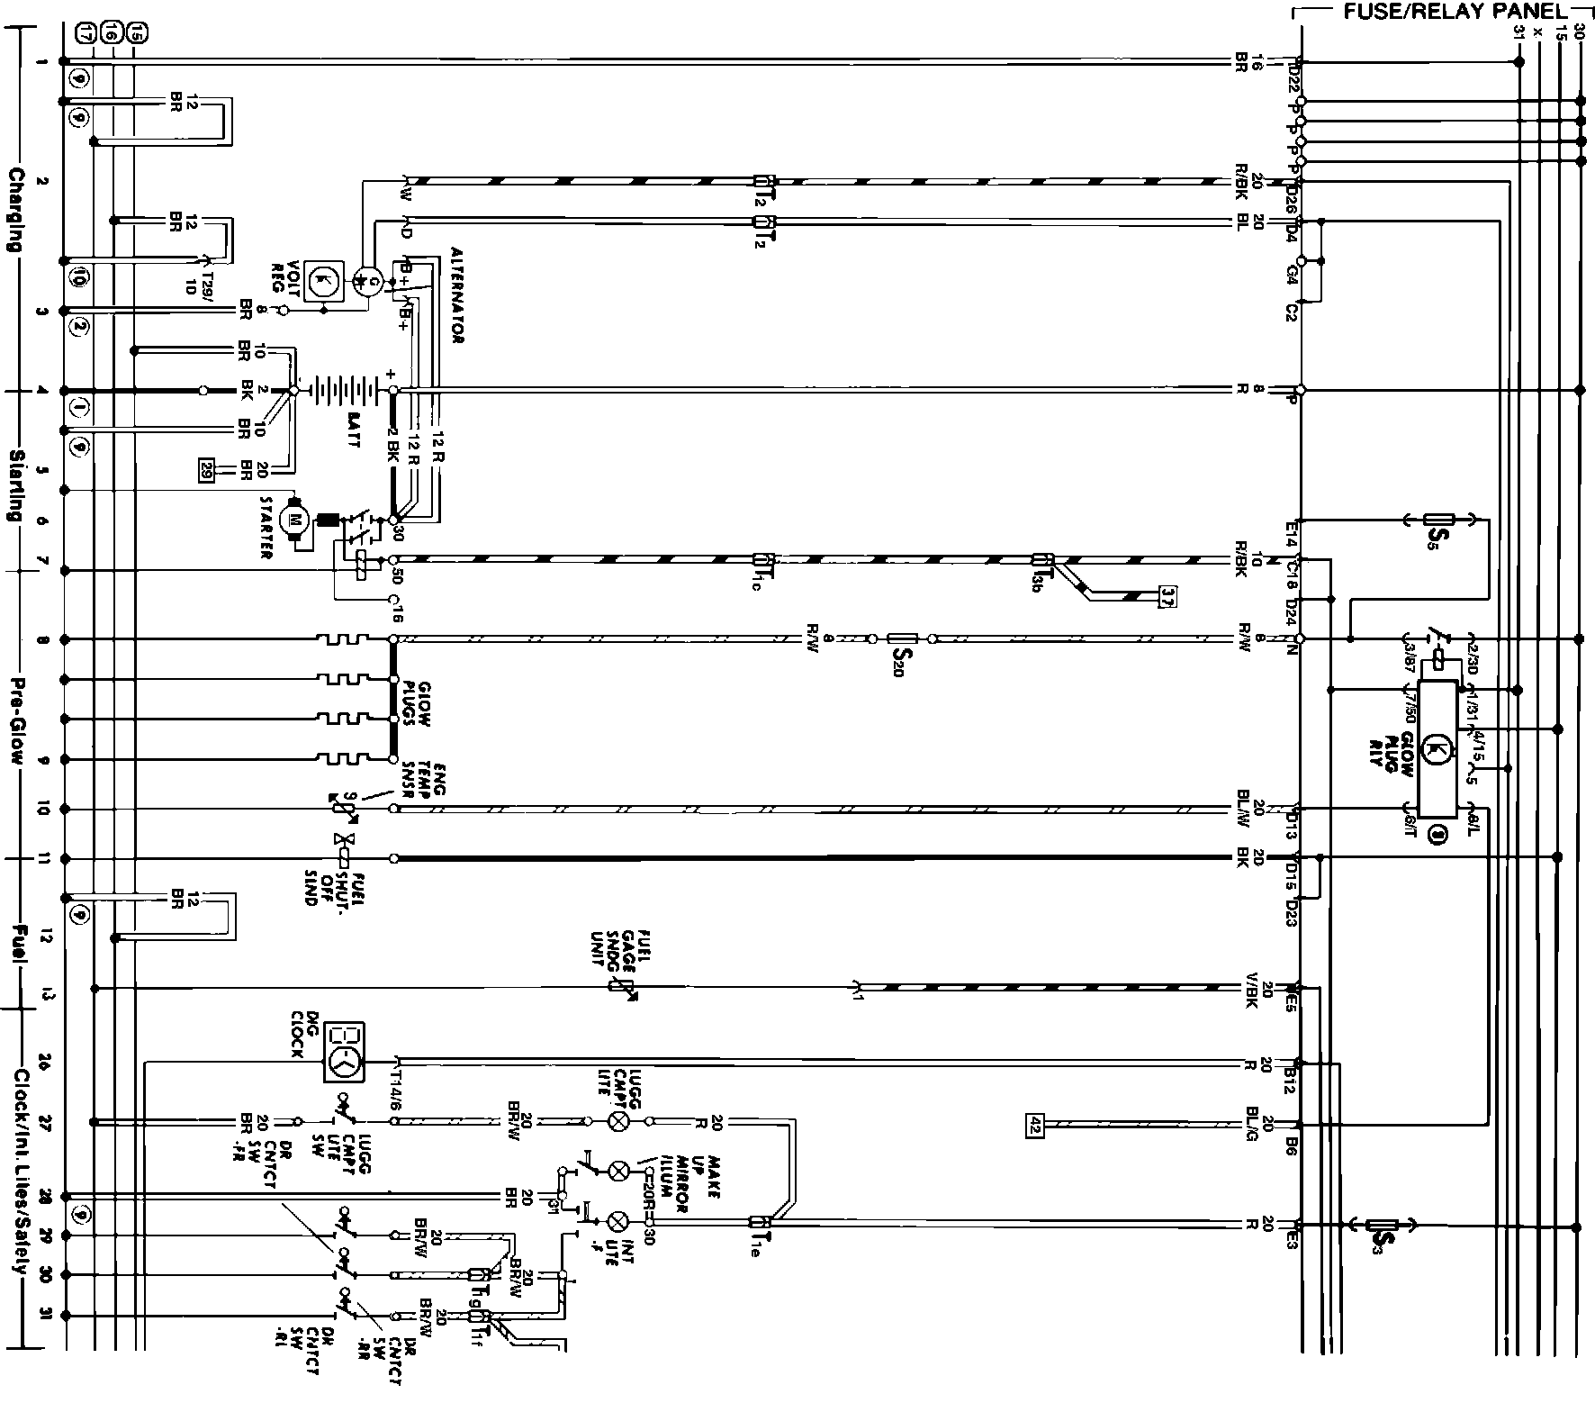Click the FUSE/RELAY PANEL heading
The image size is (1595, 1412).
pos(1438,13)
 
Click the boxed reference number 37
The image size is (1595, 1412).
pos(1167,596)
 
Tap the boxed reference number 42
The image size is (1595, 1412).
pos(1034,1124)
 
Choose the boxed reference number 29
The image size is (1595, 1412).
pos(207,469)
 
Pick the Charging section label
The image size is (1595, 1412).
pos(15,208)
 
